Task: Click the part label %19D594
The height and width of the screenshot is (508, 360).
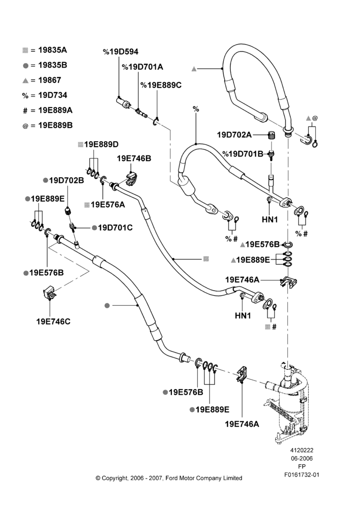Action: click(121, 52)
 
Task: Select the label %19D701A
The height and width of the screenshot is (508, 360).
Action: click(142, 67)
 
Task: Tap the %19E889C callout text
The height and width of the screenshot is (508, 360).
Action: click(161, 85)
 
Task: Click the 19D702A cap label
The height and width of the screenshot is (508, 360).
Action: click(234, 135)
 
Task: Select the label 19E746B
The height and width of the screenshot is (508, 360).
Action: click(134, 158)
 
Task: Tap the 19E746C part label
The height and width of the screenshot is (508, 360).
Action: click(53, 322)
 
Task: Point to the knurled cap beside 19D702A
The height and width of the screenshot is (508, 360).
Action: click(271, 135)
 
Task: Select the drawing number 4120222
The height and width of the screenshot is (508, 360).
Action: click(302, 450)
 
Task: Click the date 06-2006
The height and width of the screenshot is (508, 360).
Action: click(302, 458)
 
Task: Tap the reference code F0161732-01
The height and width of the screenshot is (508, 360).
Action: click(302, 475)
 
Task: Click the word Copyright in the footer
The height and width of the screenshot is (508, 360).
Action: click(114, 478)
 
